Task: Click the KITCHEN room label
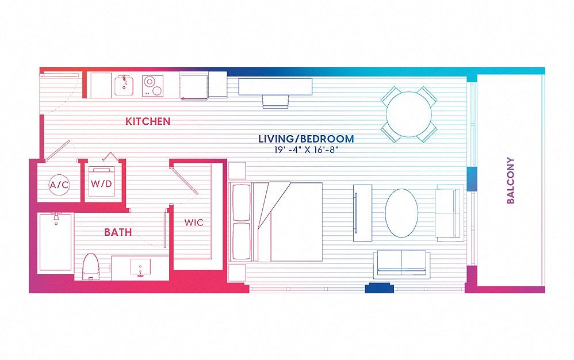tap(148, 121)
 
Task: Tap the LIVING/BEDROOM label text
tap(305, 139)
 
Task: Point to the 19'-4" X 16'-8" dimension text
tap(305, 150)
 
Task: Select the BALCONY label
tap(510, 181)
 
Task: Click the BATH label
tap(118, 232)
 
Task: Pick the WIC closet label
tap(193, 222)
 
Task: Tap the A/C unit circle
tap(59, 185)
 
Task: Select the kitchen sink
tap(123, 86)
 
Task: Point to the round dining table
tap(409, 114)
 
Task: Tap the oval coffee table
tap(401, 212)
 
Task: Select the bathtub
tap(55, 243)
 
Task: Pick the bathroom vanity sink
tap(138, 266)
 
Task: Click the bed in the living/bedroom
tap(276, 221)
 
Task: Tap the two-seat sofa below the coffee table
tap(401, 263)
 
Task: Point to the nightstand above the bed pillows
tap(237, 171)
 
